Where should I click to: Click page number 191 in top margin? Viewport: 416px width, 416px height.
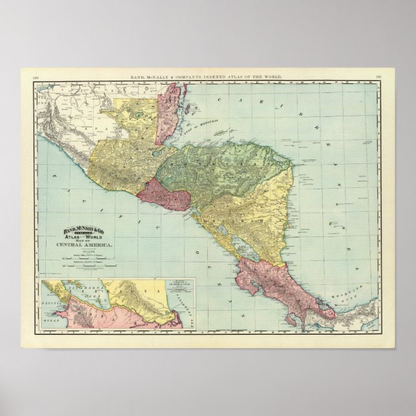coord(379,79)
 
